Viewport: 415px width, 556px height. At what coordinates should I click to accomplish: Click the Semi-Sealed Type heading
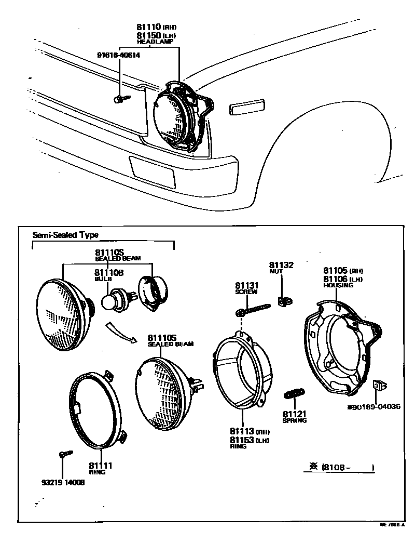(x=65, y=235)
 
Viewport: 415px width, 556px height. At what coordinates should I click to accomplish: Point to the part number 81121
(x=295, y=414)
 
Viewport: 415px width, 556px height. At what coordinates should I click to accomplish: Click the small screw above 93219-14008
(x=63, y=455)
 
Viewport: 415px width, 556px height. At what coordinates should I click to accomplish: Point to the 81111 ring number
(x=100, y=465)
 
